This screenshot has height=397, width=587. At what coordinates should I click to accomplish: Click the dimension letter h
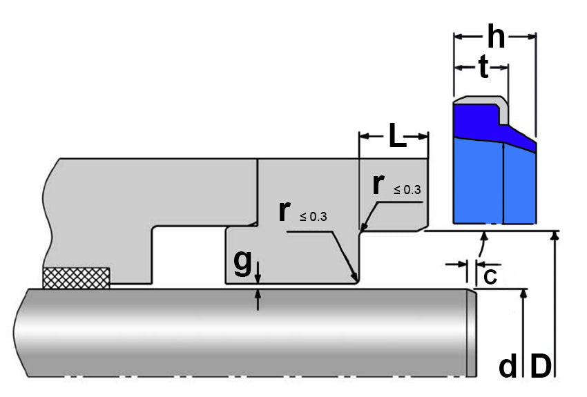tap(496, 36)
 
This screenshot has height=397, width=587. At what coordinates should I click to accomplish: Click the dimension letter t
tap(483, 67)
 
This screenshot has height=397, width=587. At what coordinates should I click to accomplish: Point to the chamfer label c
tap(489, 275)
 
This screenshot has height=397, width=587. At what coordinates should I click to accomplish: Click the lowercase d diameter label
tap(508, 367)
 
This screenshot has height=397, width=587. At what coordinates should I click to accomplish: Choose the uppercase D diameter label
tap(540, 367)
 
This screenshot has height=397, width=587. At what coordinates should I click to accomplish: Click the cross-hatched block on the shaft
tap(76, 277)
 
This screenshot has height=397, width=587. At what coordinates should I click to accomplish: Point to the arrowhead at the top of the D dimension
tap(554, 236)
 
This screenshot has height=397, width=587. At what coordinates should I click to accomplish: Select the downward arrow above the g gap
tap(258, 277)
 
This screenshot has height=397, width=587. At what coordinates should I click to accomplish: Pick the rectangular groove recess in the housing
tap(188, 255)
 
